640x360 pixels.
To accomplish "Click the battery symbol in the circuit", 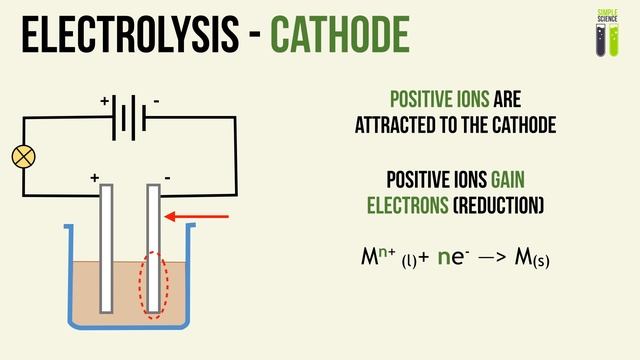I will click(x=128, y=119).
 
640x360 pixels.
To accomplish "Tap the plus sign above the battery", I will click(x=104, y=102).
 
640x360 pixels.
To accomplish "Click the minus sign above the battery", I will click(x=156, y=102).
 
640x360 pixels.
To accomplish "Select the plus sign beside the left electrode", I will click(x=95, y=178).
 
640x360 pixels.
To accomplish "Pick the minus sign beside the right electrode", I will click(x=167, y=178).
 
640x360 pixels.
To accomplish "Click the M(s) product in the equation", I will click(x=529, y=259).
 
